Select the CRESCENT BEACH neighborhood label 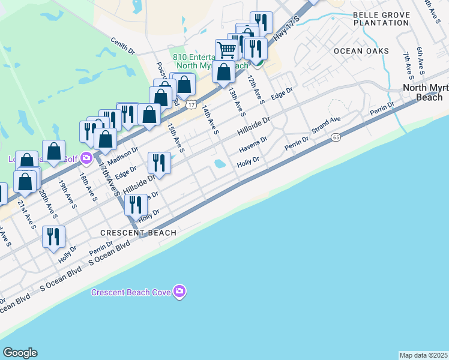[x=139, y=233]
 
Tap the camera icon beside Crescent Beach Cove [x=179, y=292]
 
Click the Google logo [x=20, y=353]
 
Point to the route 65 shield [x=335, y=138]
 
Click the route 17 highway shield [x=190, y=104]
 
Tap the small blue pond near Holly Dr [x=220, y=163]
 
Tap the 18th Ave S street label [x=88, y=187]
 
